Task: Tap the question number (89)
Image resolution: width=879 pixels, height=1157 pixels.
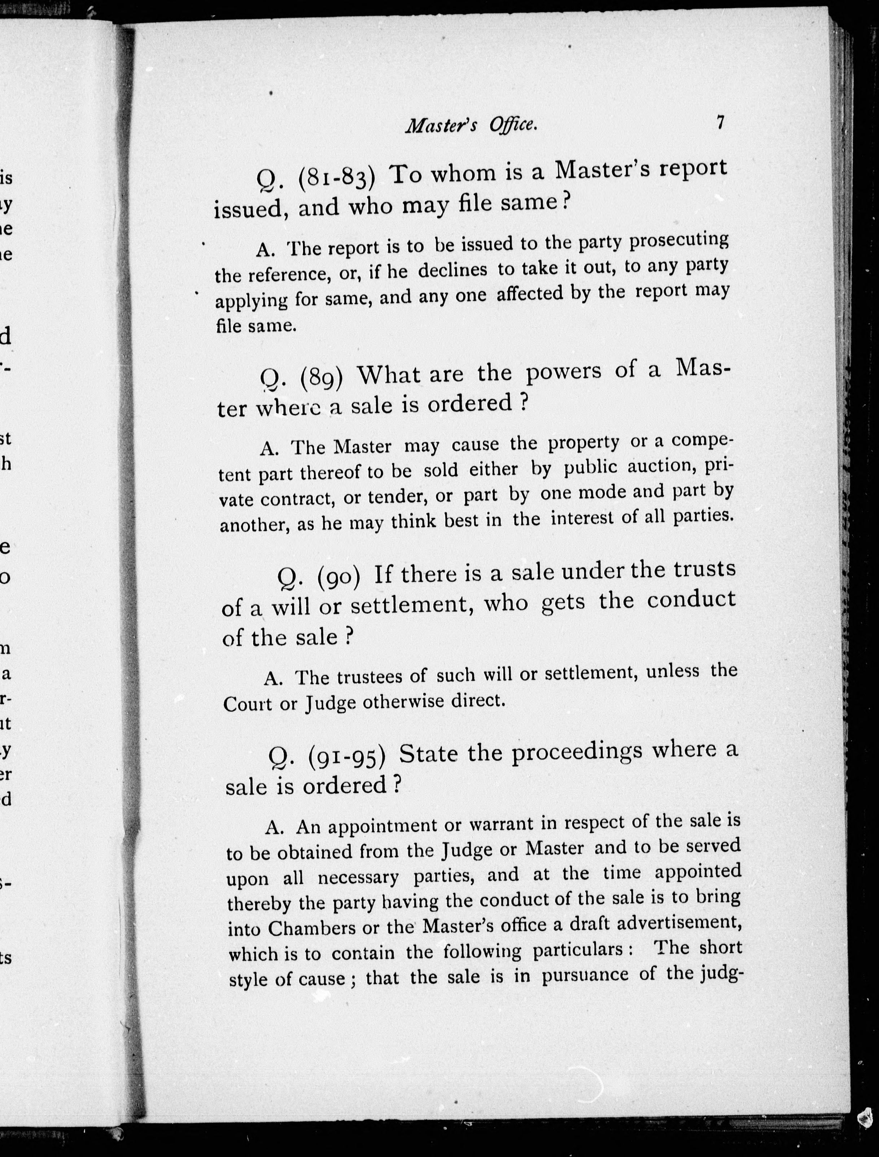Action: (322, 377)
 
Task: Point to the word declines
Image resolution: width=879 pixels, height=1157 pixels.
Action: (452, 270)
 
